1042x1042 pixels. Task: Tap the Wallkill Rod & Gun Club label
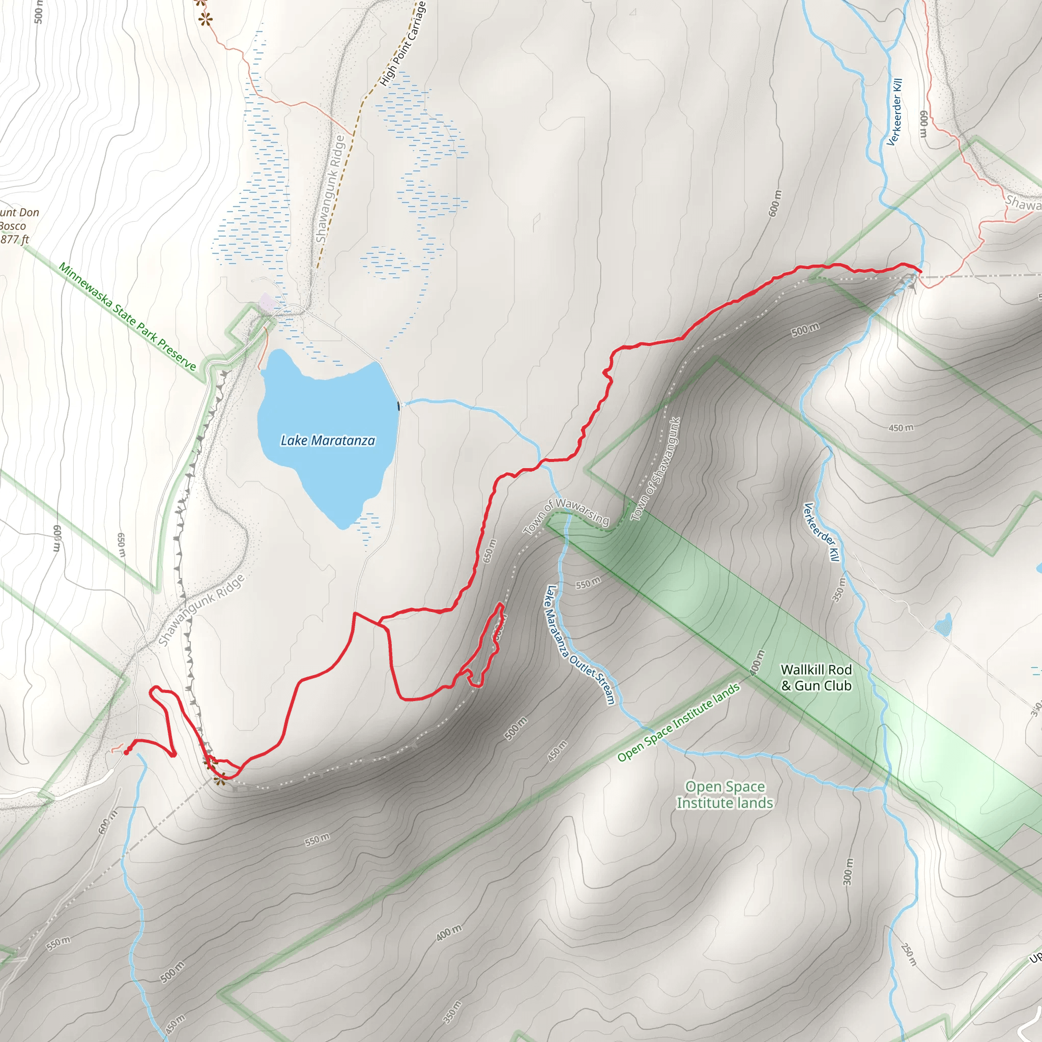tap(816, 677)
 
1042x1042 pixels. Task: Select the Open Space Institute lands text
tap(725, 794)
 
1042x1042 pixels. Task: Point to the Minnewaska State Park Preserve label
tap(127, 316)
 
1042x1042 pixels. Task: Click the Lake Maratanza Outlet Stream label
tap(580, 645)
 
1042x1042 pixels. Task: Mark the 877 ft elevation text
tap(15, 240)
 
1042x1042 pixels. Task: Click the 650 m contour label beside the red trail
tap(488, 551)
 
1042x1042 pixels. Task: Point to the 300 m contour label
tap(848, 871)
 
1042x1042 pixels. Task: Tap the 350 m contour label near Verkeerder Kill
tap(837, 590)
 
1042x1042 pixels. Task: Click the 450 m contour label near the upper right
tap(901, 428)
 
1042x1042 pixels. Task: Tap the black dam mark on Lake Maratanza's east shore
tap(398, 406)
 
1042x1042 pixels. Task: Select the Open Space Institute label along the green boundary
tap(679, 722)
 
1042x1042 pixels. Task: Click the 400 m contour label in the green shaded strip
tap(757, 662)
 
